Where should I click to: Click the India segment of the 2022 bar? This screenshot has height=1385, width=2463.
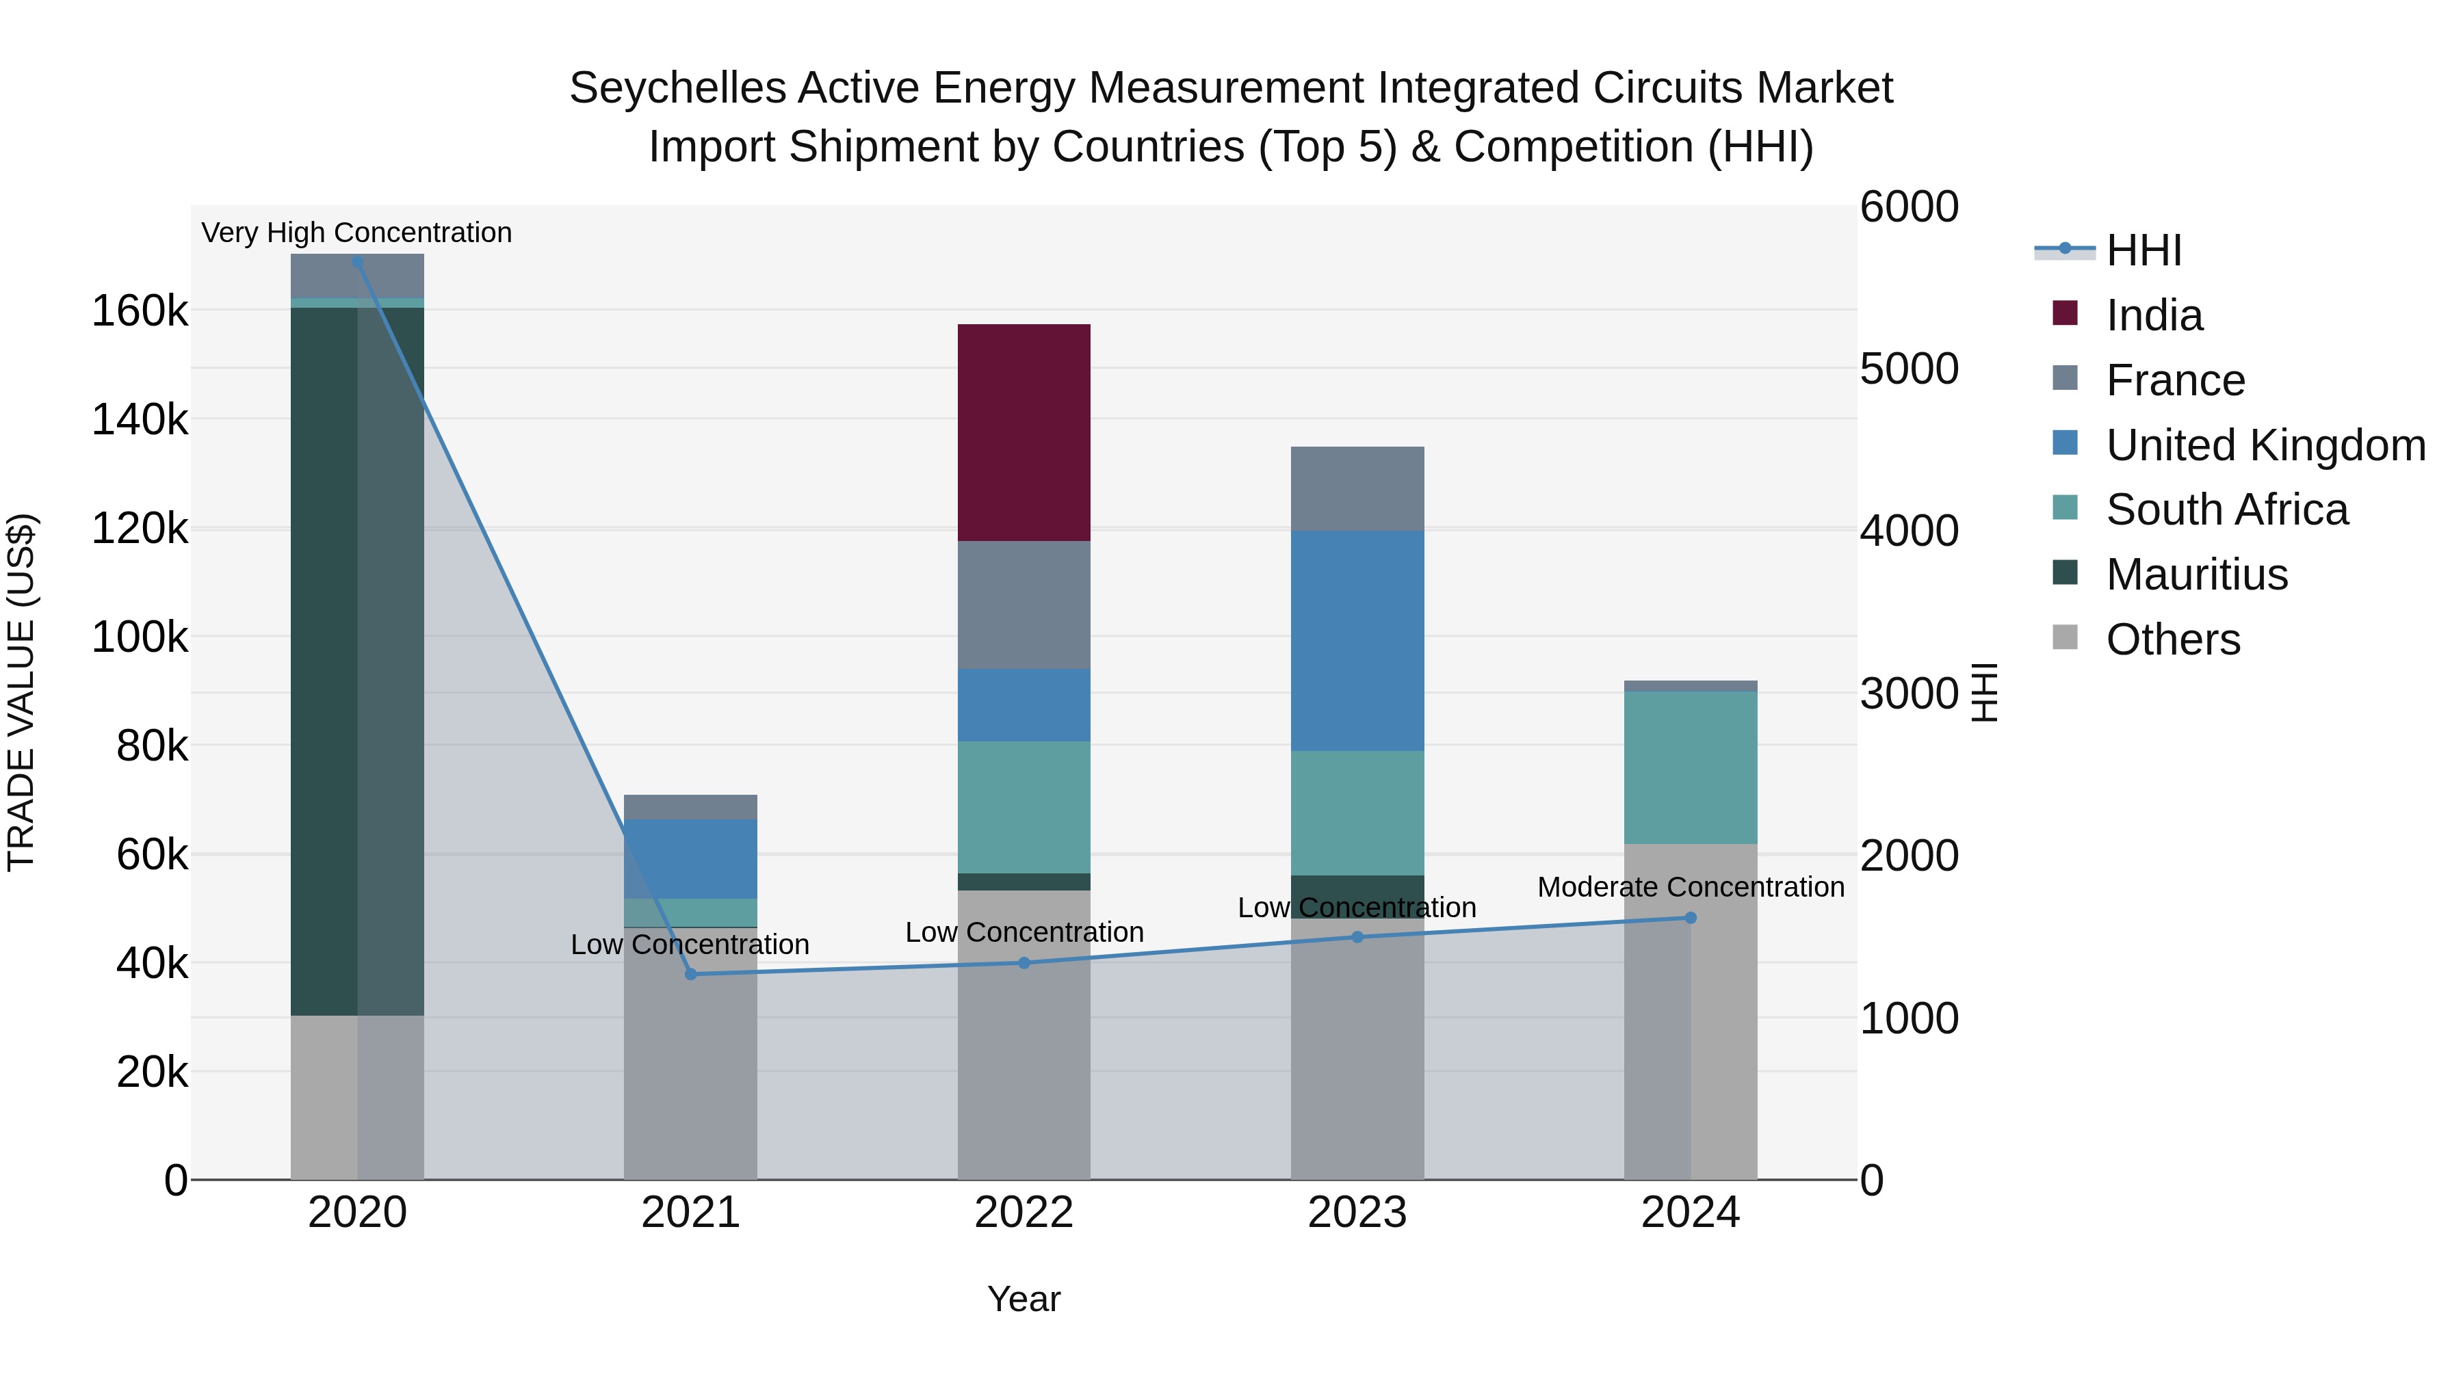tap(1024, 433)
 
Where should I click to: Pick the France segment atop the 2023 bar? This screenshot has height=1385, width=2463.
tap(1357, 488)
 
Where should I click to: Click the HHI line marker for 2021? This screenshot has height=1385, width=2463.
tap(691, 974)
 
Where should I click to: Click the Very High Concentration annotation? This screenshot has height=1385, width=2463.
tap(356, 233)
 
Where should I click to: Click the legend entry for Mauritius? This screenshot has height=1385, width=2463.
tap(2196, 575)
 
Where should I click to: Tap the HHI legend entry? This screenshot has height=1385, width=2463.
tap(2143, 250)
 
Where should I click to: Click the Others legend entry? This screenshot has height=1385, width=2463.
tap(2172, 639)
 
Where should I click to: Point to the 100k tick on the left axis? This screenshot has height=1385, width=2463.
tap(140, 637)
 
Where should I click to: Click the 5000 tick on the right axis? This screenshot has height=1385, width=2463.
tap(1908, 369)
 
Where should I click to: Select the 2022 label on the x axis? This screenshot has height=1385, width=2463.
tap(1024, 1213)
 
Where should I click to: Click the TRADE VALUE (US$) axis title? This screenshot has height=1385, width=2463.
tap(21, 692)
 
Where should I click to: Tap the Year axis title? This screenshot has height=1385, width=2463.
tap(1024, 1299)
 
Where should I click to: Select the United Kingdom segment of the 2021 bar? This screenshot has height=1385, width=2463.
tap(690, 858)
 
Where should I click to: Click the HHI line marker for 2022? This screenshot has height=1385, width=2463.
tap(1024, 962)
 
